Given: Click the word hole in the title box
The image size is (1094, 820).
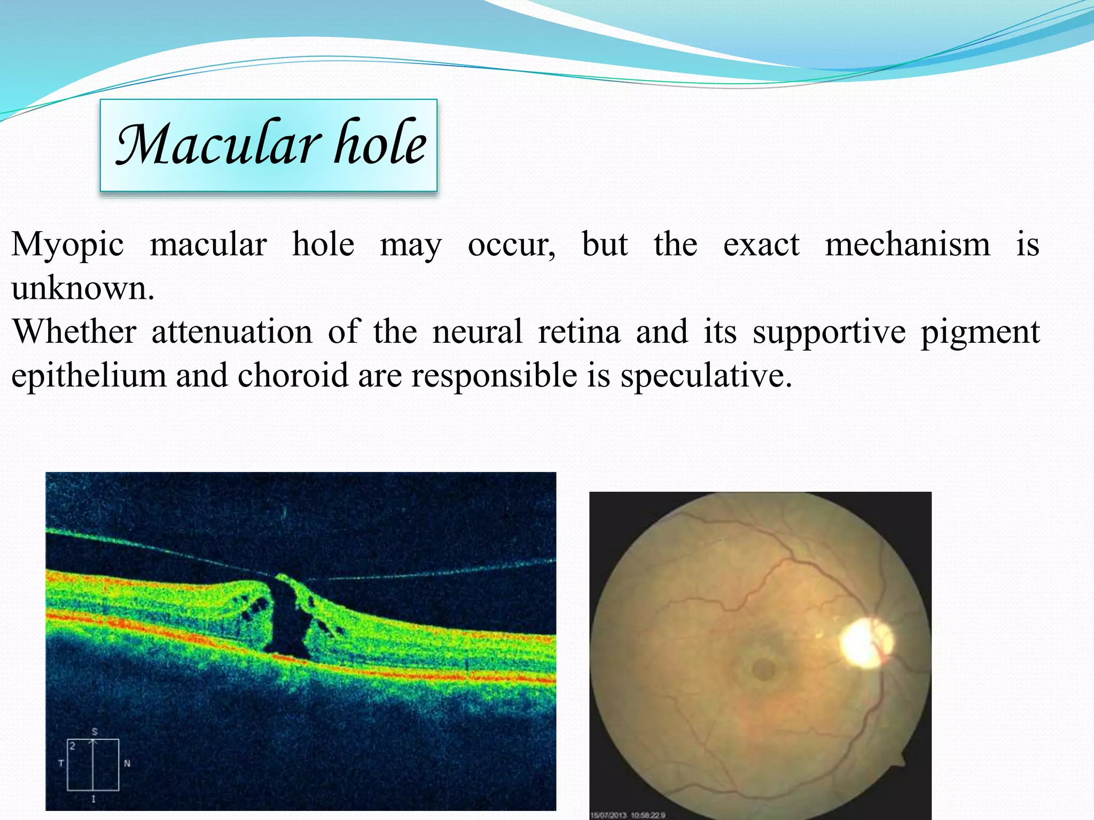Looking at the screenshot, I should coord(380,143).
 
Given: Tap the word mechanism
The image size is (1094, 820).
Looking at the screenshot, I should coord(907,245).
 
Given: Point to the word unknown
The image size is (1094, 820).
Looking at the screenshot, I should coord(82,289).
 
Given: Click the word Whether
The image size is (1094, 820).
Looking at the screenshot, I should coord(74,332).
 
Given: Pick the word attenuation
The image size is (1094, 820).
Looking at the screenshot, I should coord(232,332).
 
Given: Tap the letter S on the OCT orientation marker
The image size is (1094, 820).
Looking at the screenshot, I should coord(95,731).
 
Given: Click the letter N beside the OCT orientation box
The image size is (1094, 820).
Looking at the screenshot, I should coord(127,763).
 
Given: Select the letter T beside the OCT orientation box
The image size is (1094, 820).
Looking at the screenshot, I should coord(60,763).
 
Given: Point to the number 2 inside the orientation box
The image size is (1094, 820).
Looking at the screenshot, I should coord(73,746).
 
